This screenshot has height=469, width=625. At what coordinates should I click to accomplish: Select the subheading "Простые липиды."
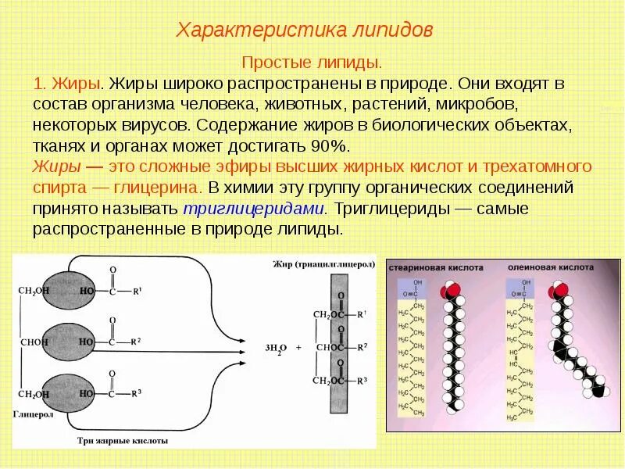tap(312, 62)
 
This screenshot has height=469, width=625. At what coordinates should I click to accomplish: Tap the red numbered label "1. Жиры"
tap(67, 83)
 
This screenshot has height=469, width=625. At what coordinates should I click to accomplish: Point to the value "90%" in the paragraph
tap(332, 146)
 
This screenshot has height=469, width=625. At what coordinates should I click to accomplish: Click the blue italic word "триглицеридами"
tap(253, 209)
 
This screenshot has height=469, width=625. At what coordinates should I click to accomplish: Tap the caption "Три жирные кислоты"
tap(133, 441)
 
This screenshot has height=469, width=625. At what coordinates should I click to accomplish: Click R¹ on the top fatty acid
tap(137, 292)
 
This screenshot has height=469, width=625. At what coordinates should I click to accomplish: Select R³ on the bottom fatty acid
tap(137, 393)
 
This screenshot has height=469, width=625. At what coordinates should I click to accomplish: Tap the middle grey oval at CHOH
tap(65, 342)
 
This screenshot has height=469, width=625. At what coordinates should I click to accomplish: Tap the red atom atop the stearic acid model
tap(448, 292)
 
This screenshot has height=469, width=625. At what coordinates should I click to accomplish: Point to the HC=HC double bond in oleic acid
tap(515, 358)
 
